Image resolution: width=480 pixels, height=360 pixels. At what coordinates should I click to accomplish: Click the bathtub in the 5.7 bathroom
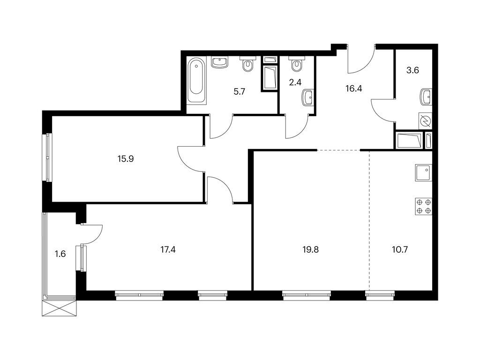pos(196,81)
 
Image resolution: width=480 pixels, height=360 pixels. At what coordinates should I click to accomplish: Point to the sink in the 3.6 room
pos(426,97)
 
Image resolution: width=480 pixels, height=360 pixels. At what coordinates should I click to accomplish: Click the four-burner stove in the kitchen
pos(424,206)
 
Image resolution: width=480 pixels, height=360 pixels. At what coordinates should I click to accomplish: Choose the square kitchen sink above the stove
pos(424,174)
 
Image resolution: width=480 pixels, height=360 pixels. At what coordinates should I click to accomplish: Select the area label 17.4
pos(169,249)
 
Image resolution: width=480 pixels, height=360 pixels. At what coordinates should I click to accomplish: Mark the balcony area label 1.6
pos(60,254)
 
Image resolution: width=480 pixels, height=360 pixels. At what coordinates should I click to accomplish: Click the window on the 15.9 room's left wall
pos(47,157)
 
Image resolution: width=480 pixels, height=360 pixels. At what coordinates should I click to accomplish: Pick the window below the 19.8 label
pos(307,295)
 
